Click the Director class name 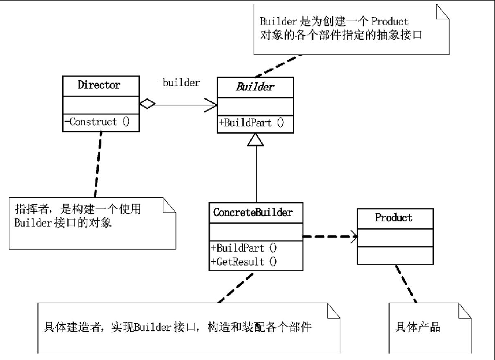pos(99,85)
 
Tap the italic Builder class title pos(255,87)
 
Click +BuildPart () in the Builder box pos(251,122)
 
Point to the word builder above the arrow pos(181,83)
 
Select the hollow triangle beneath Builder pos(256,139)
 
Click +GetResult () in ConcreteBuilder pos(244,262)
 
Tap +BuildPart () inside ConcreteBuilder pos(244,248)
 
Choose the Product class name pos(394,218)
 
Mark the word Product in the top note pos(389,21)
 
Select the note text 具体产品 pos(418,327)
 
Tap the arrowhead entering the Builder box pos(211,105)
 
